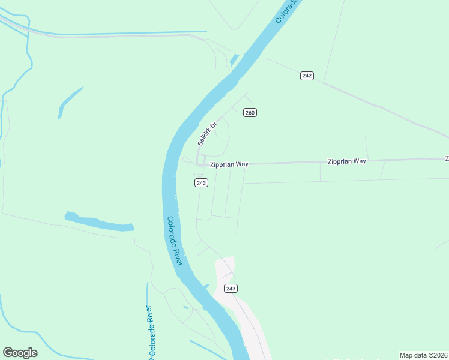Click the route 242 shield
[x=307, y=76]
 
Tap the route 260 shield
[x=250, y=113]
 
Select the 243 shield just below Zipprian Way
[x=201, y=182]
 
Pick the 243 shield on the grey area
[x=231, y=289]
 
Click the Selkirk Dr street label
[x=206, y=132]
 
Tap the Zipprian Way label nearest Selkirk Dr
[x=229, y=164]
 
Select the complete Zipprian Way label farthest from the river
[x=346, y=161]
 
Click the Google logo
[x=20, y=353]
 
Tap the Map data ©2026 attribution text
[x=423, y=355]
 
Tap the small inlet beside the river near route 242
[x=234, y=61]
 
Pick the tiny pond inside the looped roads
[x=185, y=308]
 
